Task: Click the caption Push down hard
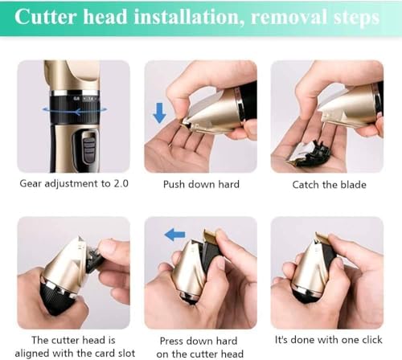201,185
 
